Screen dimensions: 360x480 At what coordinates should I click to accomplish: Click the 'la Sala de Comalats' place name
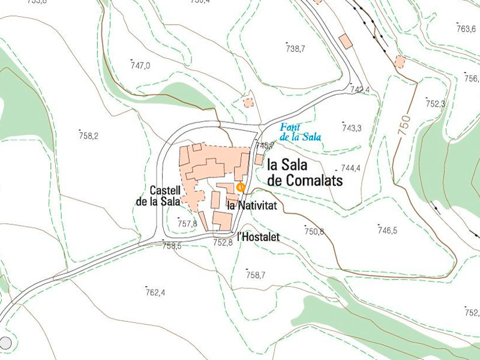[x=304, y=172]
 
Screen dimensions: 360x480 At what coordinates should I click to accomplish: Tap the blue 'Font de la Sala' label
[x=300, y=132]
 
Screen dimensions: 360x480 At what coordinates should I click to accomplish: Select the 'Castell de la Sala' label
[x=158, y=196]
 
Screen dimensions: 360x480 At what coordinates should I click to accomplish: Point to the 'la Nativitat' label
[x=251, y=206]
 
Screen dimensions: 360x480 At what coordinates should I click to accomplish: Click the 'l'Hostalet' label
[x=259, y=237]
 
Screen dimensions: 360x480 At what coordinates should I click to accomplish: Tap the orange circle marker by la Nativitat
[x=240, y=187]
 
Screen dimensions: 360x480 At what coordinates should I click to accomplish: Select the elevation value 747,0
[x=140, y=65]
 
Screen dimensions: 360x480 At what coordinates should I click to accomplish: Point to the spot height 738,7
[x=295, y=49]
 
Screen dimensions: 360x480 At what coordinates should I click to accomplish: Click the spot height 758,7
[x=255, y=275]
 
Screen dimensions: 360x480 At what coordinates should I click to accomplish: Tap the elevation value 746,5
[x=387, y=230]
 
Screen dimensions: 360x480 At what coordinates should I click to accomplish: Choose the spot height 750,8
[x=314, y=232]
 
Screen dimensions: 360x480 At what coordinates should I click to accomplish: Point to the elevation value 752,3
[x=435, y=103]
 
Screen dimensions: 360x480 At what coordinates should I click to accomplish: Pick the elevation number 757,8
[x=187, y=223]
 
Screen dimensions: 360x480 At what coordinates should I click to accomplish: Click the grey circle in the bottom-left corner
[x=5, y=343]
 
